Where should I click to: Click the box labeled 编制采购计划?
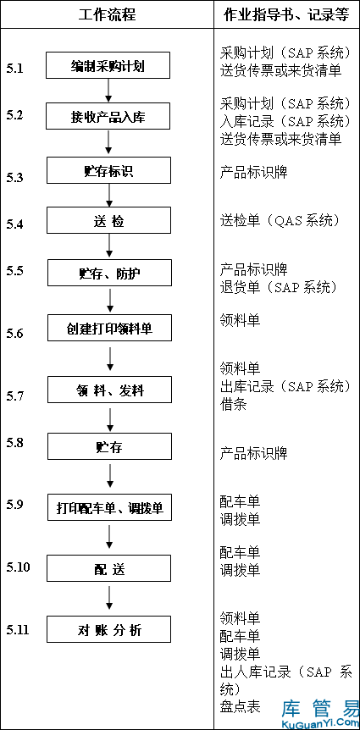pyautogui.click(x=108, y=65)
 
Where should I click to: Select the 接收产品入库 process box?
pyautogui.click(x=108, y=116)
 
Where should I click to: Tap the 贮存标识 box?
pyautogui.click(x=108, y=170)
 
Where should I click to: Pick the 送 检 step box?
pyautogui.click(x=108, y=220)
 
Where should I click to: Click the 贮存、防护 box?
pyautogui.click(x=109, y=273)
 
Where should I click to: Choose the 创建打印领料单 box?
pyautogui.click(x=109, y=328)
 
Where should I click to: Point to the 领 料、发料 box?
pyautogui.click(x=109, y=390)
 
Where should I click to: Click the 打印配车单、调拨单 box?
pyautogui.click(x=109, y=507)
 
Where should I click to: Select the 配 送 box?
pyautogui.click(x=109, y=568)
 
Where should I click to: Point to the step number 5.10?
pyautogui.click(x=18, y=567)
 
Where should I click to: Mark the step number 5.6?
pyautogui.click(x=14, y=334)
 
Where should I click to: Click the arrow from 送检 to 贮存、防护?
pyautogui.click(x=109, y=245)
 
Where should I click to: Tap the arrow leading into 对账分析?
pyautogui.click(x=109, y=598)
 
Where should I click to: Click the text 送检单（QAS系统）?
pyautogui.click(x=279, y=220)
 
